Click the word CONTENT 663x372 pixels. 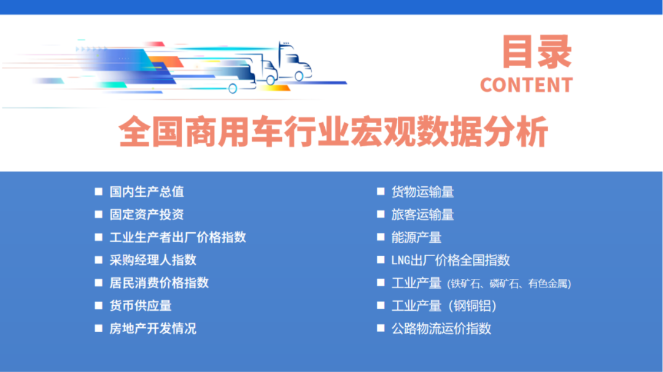[x=526, y=85]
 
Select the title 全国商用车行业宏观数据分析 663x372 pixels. [x=333, y=132]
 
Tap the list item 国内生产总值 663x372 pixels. [x=147, y=192]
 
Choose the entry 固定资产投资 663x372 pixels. [x=147, y=214]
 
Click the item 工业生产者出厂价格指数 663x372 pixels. [x=177, y=237]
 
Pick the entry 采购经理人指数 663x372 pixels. [x=153, y=260]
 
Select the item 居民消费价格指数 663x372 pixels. [x=159, y=283]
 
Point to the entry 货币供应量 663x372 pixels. [x=141, y=305]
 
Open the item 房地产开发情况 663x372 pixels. [x=153, y=328]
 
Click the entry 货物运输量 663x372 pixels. [x=422, y=192]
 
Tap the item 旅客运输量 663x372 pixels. [x=422, y=214]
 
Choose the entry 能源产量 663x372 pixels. [x=416, y=237]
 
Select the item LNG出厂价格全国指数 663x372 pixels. [x=451, y=260]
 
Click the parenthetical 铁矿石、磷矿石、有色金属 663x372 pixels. [x=510, y=284]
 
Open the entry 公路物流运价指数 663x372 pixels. [x=441, y=328]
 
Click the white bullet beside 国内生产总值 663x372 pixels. [x=98, y=192]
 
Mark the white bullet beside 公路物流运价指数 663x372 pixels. [x=381, y=328]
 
